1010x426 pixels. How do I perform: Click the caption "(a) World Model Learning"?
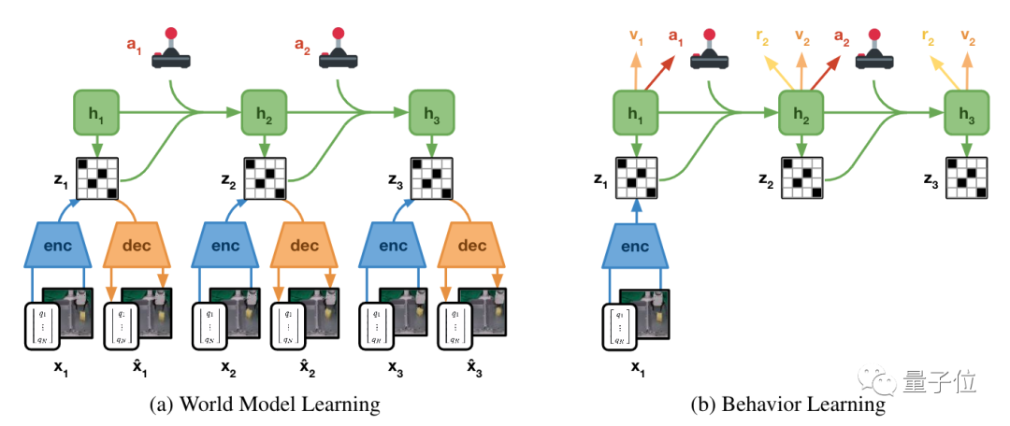[x=265, y=405]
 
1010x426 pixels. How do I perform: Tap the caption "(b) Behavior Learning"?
[x=788, y=405]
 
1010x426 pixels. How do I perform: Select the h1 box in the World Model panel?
[x=96, y=112]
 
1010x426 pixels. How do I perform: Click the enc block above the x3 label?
[x=389, y=247]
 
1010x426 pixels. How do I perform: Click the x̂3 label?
[x=472, y=366]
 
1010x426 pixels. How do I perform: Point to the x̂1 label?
[x=138, y=366]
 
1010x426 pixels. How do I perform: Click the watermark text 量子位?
[x=939, y=382]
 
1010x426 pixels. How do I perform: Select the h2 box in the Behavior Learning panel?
[x=801, y=113]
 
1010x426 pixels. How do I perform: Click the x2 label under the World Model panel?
[x=227, y=366]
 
